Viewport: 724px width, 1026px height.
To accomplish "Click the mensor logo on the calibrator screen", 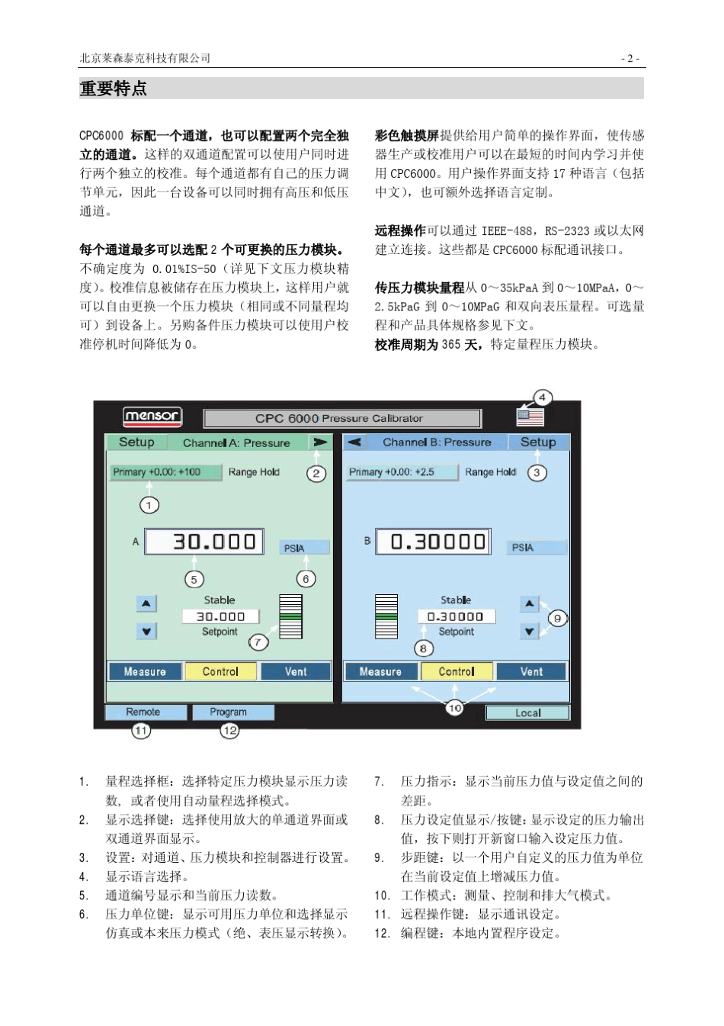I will pyautogui.click(x=152, y=417).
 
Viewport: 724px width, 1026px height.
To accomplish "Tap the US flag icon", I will pyautogui.click(x=530, y=417).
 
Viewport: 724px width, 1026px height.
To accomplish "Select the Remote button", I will pyautogui.click(x=144, y=712).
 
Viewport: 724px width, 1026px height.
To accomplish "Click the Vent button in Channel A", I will pyautogui.click(x=296, y=671).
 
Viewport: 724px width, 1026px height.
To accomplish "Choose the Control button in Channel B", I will pyautogui.click(x=457, y=671).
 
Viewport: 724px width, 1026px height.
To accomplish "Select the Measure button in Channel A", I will pyautogui.click(x=145, y=671).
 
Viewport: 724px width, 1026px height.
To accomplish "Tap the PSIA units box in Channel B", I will pyautogui.click(x=537, y=547).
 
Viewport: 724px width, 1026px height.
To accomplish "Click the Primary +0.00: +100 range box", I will pyautogui.click(x=157, y=472).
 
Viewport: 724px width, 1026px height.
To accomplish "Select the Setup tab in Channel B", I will pyautogui.click(x=538, y=442).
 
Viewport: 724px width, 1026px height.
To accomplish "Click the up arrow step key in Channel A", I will pyautogui.click(x=146, y=603).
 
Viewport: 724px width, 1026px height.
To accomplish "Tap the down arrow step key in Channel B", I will pyautogui.click(x=529, y=631).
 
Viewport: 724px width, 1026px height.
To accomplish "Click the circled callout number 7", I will pyautogui.click(x=259, y=642).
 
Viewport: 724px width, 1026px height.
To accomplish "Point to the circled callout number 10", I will pyautogui.click(x=455, y=708).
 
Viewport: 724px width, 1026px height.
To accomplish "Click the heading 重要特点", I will pyautogui.click(x=114, y=88).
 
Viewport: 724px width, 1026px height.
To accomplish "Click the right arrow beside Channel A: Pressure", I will pyautogui.click(x=319, y=442).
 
